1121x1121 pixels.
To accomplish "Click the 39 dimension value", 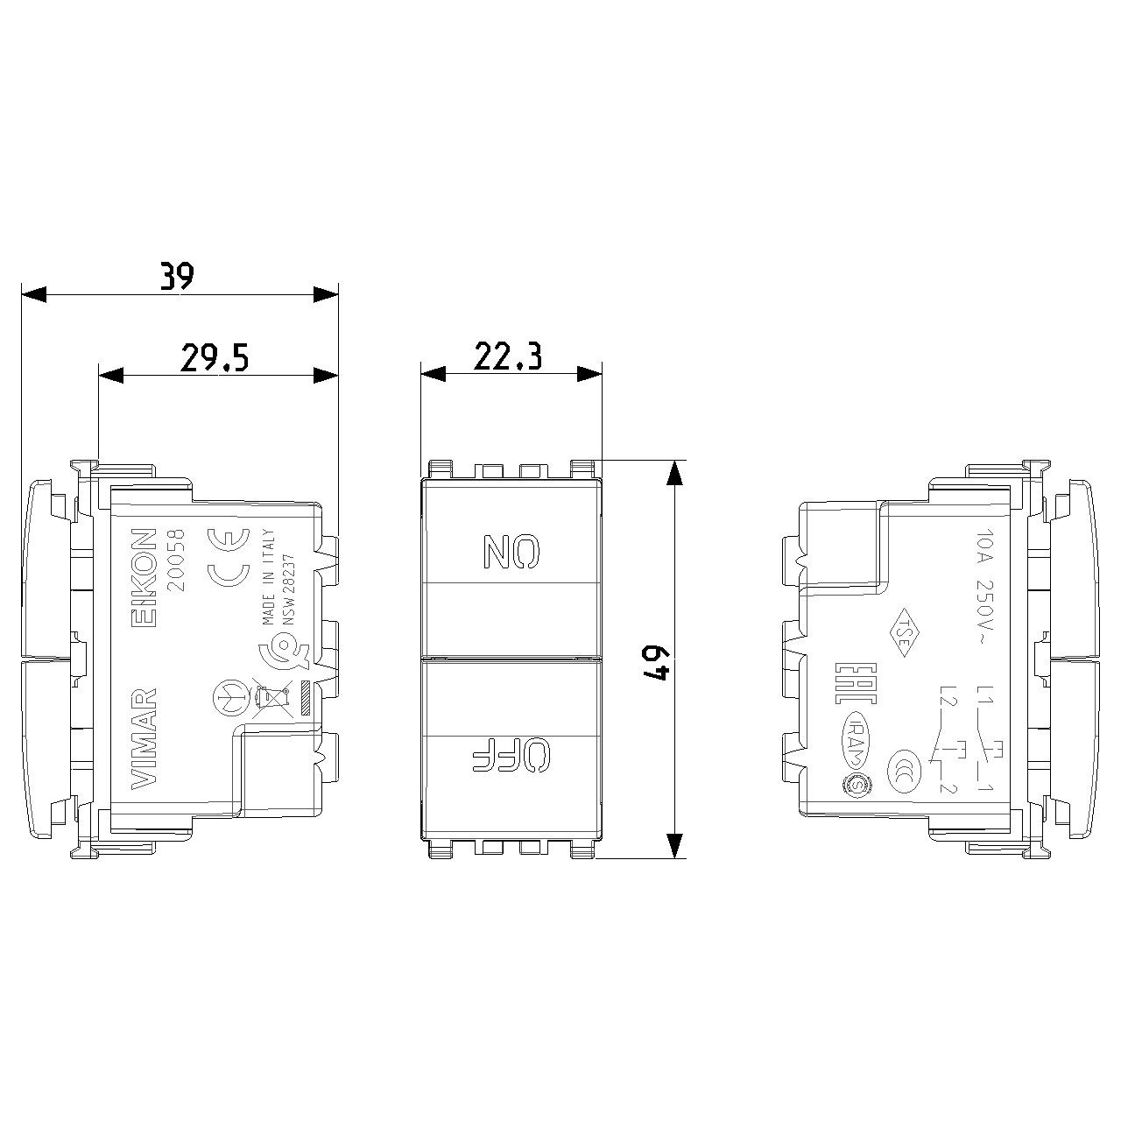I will (x=177, y=276).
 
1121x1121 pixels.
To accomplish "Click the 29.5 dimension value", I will (x=215, y=357).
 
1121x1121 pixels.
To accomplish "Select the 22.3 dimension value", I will (x=508, y=356).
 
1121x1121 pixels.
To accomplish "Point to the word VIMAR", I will (x=144, y=741).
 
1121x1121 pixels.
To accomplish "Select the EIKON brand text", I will (x=143, y=577).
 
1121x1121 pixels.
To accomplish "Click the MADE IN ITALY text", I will (x=269, y=576).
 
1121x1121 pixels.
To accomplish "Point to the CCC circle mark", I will (x=902, y=766).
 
